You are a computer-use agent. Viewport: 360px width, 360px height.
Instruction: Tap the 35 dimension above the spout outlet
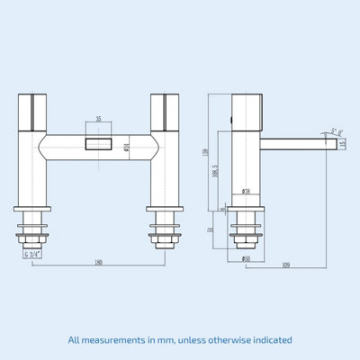[x=98, y=118]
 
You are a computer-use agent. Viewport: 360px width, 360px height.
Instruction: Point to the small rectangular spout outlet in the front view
[x=97, y=144]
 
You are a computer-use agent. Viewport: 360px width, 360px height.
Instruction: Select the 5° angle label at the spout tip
[x=337, y=131]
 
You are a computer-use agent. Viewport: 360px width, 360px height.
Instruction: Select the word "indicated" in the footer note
[x=267, y=339]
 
